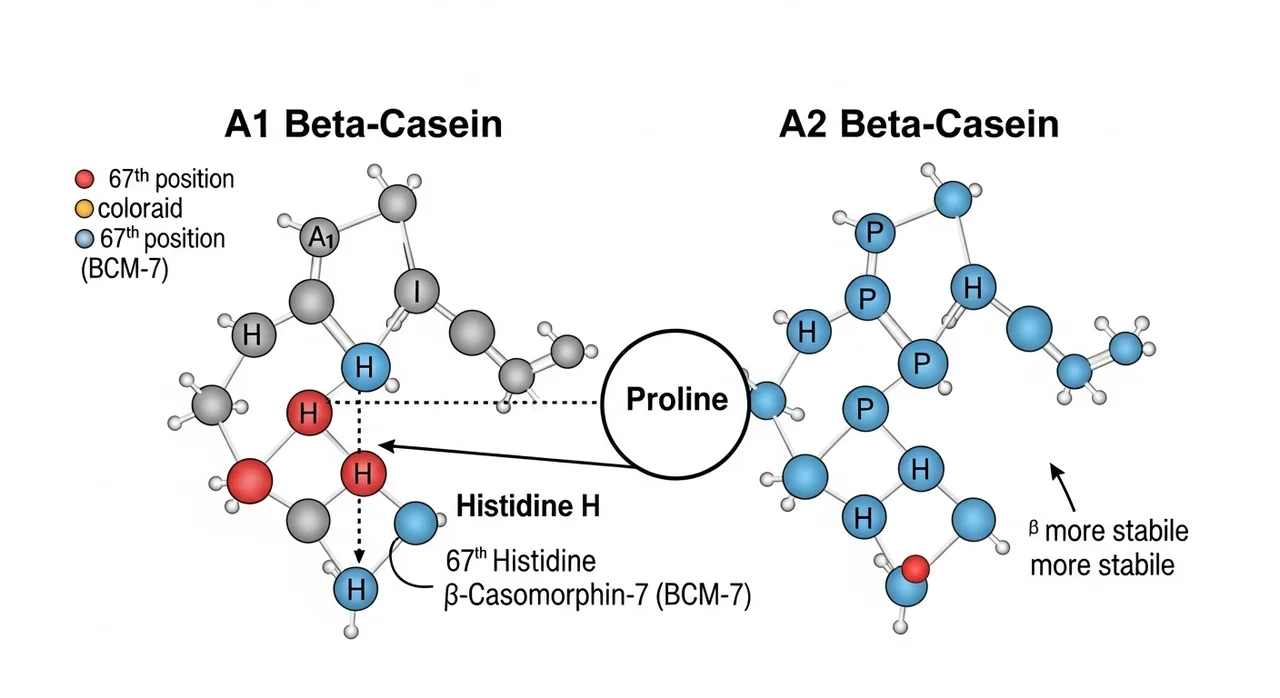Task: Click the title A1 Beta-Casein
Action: coord(362,125)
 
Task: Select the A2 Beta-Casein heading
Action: coord(919,125)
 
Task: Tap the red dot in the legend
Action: coord(84,180)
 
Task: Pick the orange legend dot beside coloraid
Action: coord(83,209)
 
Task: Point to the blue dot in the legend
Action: coord(84,240)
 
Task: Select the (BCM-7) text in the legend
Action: coord(123,268)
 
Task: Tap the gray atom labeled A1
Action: coord(319,237)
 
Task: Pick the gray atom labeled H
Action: coord(251,336)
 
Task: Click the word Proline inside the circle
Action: coord(676,400)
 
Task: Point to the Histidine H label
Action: coord(527,506)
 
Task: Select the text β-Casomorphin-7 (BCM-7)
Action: coord(596,596)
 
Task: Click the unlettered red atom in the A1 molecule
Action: coord(249,481)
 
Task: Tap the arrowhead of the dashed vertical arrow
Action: coord(359,557)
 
